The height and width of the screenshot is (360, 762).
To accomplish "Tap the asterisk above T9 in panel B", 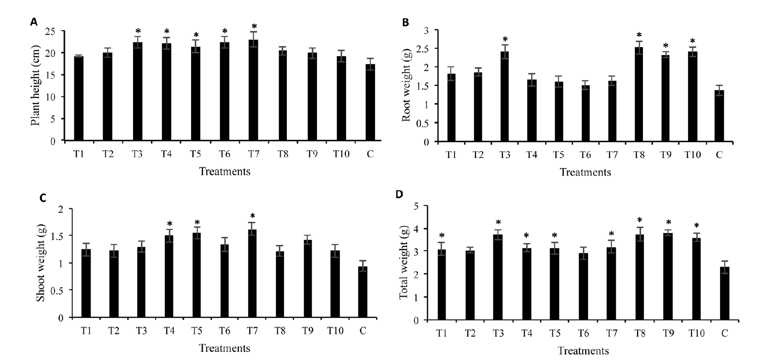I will click(x=666, y=46).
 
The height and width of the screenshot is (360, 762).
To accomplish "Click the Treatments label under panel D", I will click(x=583, y=351).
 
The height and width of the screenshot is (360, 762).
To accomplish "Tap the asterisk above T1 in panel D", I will click(x=442, y=236).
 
